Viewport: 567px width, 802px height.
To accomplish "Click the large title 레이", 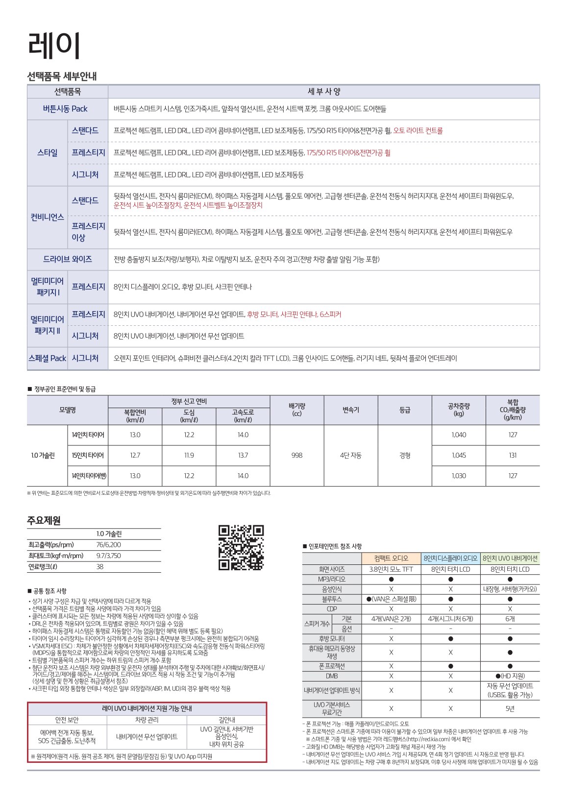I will (53, 46).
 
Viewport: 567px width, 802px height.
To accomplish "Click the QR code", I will (241, 548).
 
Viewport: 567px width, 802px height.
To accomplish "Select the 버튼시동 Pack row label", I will (65, 109).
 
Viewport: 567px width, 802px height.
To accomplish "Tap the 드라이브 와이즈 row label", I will (67, 259).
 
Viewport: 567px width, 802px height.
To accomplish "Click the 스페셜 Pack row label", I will (47, 358).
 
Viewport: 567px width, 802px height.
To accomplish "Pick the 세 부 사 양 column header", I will (323, 92).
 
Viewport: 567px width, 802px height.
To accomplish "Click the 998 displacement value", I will (296, 455).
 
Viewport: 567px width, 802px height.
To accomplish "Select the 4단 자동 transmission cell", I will (350, 455).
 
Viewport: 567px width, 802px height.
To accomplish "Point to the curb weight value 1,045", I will (459, 455).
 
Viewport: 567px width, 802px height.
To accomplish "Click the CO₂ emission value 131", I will (513, 455).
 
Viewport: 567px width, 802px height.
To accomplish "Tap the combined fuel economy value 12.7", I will (135, 455).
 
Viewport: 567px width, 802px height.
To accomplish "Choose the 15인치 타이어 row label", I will (88, 455).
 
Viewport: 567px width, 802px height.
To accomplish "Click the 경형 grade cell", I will (405, 455).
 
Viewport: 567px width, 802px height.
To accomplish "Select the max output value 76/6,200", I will (109, 545).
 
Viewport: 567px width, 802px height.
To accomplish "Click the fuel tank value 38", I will (100, 567).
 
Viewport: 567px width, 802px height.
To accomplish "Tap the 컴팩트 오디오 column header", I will (391, 558).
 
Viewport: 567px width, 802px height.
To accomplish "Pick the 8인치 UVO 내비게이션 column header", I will (510, 558).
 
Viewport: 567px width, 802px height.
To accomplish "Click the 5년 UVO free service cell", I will (510, 708).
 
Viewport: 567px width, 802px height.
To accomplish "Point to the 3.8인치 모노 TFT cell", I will (391, 569).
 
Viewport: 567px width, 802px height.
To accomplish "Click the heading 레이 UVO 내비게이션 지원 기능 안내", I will (147, 708).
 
